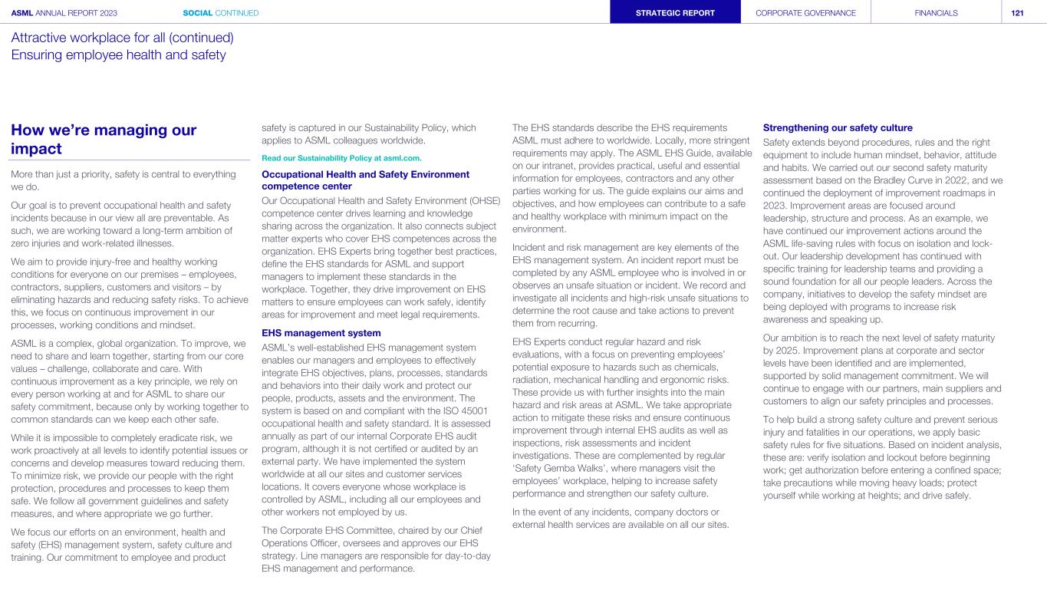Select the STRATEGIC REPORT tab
coord(676,12)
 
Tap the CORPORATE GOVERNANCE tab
coord(805,12)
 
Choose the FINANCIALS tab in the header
coord(936,12)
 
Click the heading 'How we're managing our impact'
coord(104,139)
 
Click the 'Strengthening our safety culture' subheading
coord(838,127)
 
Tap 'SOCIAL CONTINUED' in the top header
coord(221,12)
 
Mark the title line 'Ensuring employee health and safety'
coord(118,54)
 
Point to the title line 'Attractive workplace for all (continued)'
coord(122,37)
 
